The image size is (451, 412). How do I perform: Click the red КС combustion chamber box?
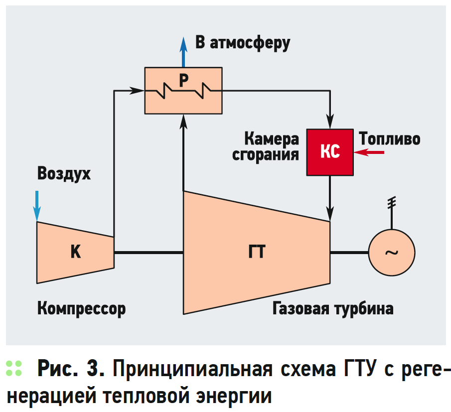[x=330, y=152]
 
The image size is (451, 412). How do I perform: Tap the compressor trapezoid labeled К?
[x=75, y=252]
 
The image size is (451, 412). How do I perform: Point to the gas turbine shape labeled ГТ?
[x=257, y=253]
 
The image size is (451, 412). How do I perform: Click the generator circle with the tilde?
[x=392, y=253]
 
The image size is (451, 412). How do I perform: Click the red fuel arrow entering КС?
[x=371, y=153]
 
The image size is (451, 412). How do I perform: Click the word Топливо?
[x=389, y=138]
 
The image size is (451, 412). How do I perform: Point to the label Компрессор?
[x=81, y=308]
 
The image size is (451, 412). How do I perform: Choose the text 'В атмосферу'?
[x=243, y=43]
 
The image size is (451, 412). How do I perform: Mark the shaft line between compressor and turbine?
[x=149, y=253]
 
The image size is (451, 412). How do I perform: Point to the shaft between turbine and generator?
[x=349, y=253]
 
